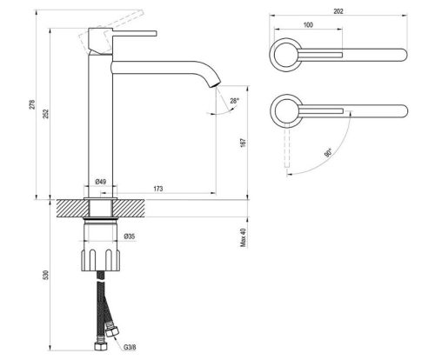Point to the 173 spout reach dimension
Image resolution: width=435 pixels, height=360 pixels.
coord(157,188)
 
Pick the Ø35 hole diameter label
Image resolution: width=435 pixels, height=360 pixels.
coord(129,237)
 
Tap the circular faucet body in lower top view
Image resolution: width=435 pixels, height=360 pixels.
coord(284,110)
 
